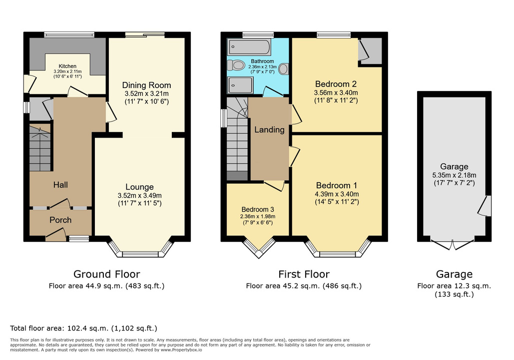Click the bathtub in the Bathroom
coord(249,47)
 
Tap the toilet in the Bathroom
coord(236,65)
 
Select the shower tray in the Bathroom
coord(241,84)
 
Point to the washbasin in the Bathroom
coord(284,68)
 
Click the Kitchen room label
coord(67,66)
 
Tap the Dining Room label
coord(146,85)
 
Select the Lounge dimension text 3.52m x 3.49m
coord(140,195)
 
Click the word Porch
coord(60,220)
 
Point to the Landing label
coord(269,130)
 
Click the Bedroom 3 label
coord(258,209)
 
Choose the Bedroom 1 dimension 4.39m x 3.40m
coord(337,194)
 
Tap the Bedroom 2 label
coord(336,84)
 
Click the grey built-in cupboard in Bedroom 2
coord(370,51)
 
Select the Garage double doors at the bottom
coord(453,245)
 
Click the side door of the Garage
coord(485,206)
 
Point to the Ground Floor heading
coord(106,274)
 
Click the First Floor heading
coord(304,274)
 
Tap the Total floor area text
coord(83,328)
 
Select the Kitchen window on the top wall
coord(69,34)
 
